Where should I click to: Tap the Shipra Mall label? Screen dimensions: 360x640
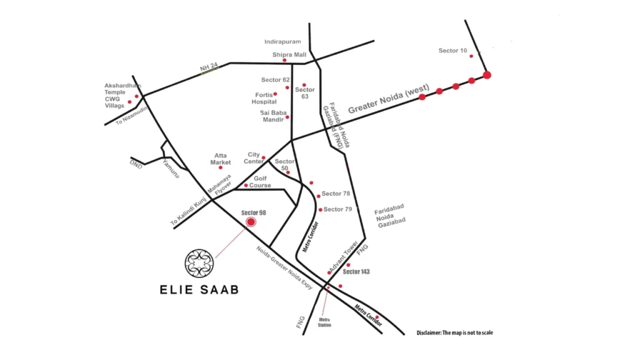289,55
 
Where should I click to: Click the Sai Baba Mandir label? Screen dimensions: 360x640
272,116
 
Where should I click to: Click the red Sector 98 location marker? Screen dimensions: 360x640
251,222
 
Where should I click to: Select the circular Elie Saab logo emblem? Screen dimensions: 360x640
200,263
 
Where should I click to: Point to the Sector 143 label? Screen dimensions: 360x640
356,272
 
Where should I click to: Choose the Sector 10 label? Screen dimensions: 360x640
452,51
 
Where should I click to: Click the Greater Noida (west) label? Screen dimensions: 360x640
385,101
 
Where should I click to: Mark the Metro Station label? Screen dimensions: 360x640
324,322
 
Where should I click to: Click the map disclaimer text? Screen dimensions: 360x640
454,332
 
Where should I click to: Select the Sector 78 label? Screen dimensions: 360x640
336,194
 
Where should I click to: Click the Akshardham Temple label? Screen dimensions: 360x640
123,89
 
